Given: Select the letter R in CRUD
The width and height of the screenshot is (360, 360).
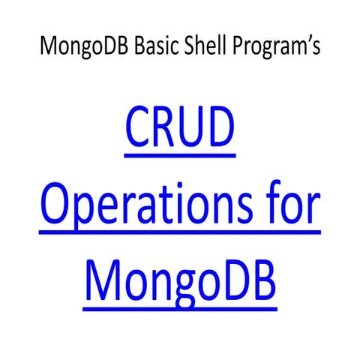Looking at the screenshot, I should pyautogui.click(x=166, y=128).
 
